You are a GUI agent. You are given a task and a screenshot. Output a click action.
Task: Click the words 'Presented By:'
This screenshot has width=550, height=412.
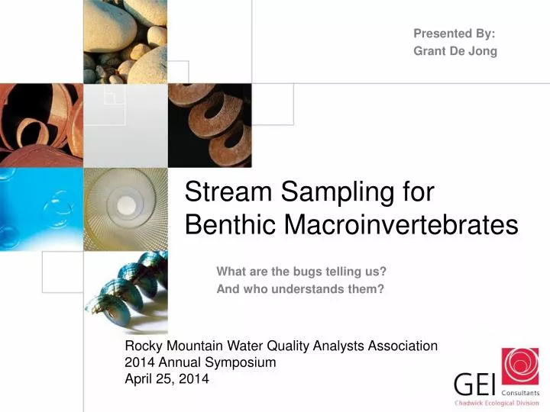[x=454, y=34]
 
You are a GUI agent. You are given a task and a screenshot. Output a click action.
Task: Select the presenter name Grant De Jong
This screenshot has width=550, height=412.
[x=455, y=51]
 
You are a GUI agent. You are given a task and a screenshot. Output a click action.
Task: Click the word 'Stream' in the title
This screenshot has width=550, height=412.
[x=230, y=192]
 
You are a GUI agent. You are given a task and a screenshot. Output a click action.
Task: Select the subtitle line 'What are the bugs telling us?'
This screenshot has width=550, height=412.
[x=301, y=271]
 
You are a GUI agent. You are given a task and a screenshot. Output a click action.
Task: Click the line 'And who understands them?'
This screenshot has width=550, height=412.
[x=299, y=289]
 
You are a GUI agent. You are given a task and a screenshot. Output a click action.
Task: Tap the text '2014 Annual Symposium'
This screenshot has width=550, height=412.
[x=199, y=363]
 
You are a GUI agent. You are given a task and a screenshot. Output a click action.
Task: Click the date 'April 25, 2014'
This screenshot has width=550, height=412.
[x=166, y=379]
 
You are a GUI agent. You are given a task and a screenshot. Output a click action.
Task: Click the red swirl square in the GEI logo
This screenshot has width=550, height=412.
[x=519, y=366]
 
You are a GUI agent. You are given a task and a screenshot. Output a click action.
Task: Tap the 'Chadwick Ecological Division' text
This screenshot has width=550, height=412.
[x=497, y=403]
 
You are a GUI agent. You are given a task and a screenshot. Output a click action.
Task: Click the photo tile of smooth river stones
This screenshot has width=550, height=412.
[x=125, y=41]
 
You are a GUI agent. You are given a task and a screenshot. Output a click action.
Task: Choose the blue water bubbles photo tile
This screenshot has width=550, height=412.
[x=40, y=208]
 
